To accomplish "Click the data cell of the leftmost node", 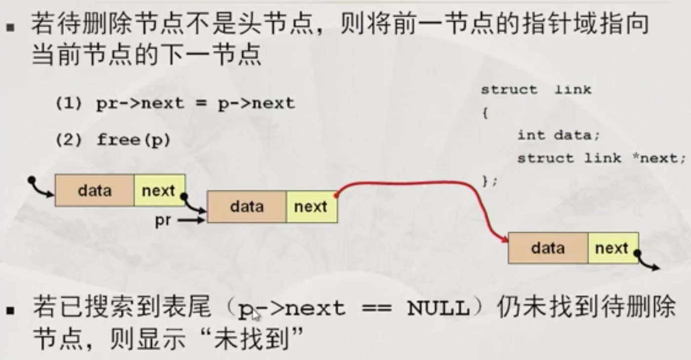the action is pos(94,190).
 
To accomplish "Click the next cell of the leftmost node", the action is pos(159,190).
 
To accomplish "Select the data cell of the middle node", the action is pos(247,207).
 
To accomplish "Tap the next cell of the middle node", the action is pos(311,207).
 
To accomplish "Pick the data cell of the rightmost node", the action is pos(548,248).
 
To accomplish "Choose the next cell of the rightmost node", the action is pos(612,248).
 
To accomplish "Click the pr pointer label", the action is pos(163,221).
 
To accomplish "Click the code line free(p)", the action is pos(133,140).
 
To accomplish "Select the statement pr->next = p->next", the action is pos(196,103).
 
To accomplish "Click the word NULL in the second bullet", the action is pos(437,309).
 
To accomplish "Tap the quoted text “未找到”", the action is pos(258,340).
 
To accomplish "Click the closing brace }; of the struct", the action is pos(489,181).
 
